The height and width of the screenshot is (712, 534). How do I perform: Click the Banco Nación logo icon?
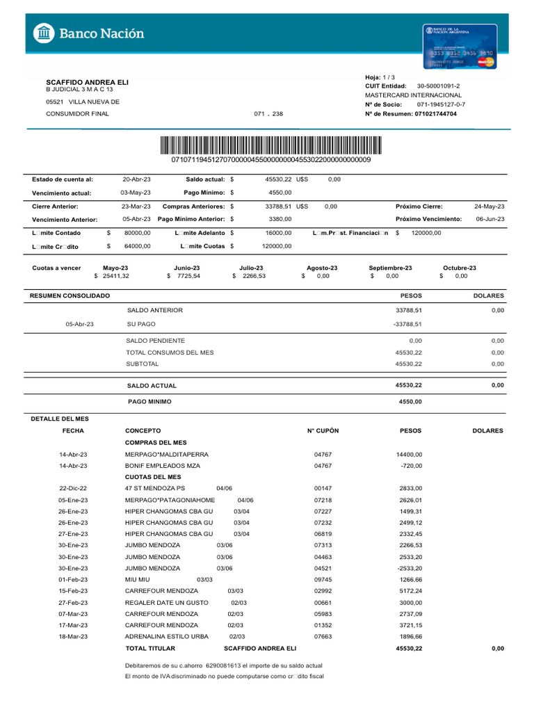click(x=44, y=33)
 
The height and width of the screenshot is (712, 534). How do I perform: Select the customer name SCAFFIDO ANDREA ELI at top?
click(x=87, y=82)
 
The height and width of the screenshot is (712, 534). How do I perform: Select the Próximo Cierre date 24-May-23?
click(x=489, y=207)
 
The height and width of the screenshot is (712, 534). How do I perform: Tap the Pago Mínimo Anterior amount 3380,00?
click(x=280, y=219)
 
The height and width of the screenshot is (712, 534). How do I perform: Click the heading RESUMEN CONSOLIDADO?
click(x=70, y=296)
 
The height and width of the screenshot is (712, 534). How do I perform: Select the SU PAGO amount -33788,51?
click(x=407, y=324)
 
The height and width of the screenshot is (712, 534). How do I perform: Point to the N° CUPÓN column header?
click(x=323, y=431)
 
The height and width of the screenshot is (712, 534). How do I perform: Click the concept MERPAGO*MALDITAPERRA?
click(x=167, y=455)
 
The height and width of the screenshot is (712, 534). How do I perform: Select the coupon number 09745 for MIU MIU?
click(x=323, y=580)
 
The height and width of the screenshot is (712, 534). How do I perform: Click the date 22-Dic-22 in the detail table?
click(x=73, y=489)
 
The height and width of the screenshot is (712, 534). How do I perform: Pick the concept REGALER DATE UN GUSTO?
click(x=167, y=603)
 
